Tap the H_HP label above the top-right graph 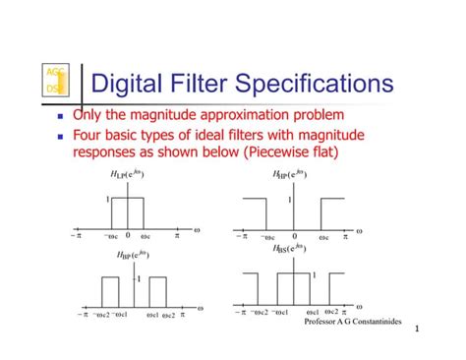[x=290, y=174]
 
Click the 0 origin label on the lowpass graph [x=127, y=236]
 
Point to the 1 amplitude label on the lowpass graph [x=107, y=199]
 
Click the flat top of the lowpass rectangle [x=127, y=200]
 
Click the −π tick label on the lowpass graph [x=76, y=236]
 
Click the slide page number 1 [x=417, y=330]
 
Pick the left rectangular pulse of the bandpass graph [x=109, y=291]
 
